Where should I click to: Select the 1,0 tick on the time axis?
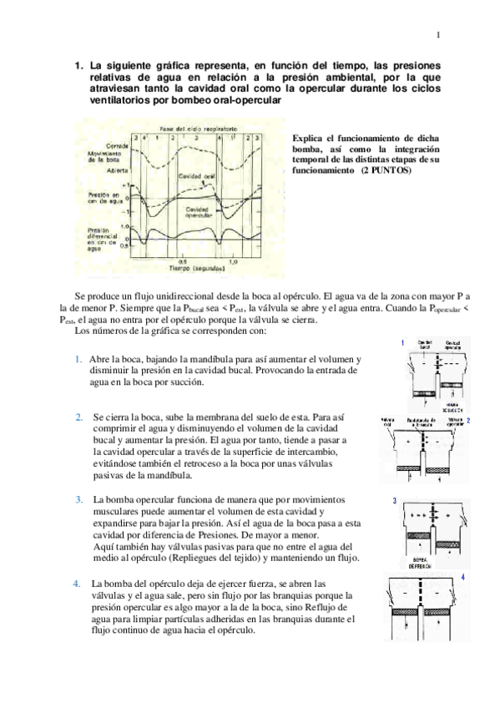(x=233, y=262)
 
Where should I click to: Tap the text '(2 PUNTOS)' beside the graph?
(x=385, y=169)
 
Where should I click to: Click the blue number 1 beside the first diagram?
(x=404, y=343)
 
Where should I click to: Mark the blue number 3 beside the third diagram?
(x=394, y=501)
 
